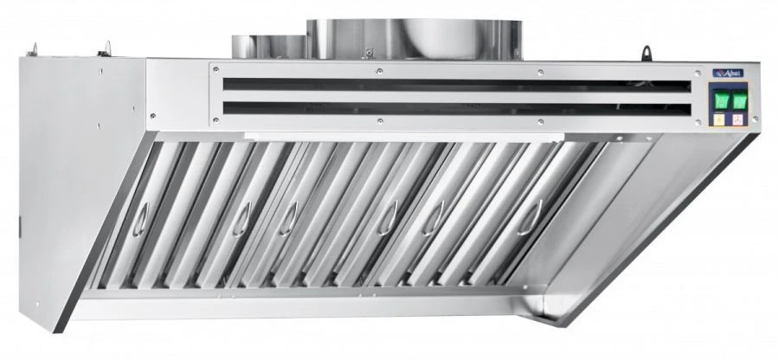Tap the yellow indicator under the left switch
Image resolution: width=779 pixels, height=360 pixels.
[x=719, y=121]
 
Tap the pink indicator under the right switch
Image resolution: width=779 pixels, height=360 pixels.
[x=738, y=121]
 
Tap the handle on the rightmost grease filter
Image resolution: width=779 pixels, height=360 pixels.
[x=538, y=210]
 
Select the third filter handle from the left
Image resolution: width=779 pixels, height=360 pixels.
[x=293, y=210]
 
